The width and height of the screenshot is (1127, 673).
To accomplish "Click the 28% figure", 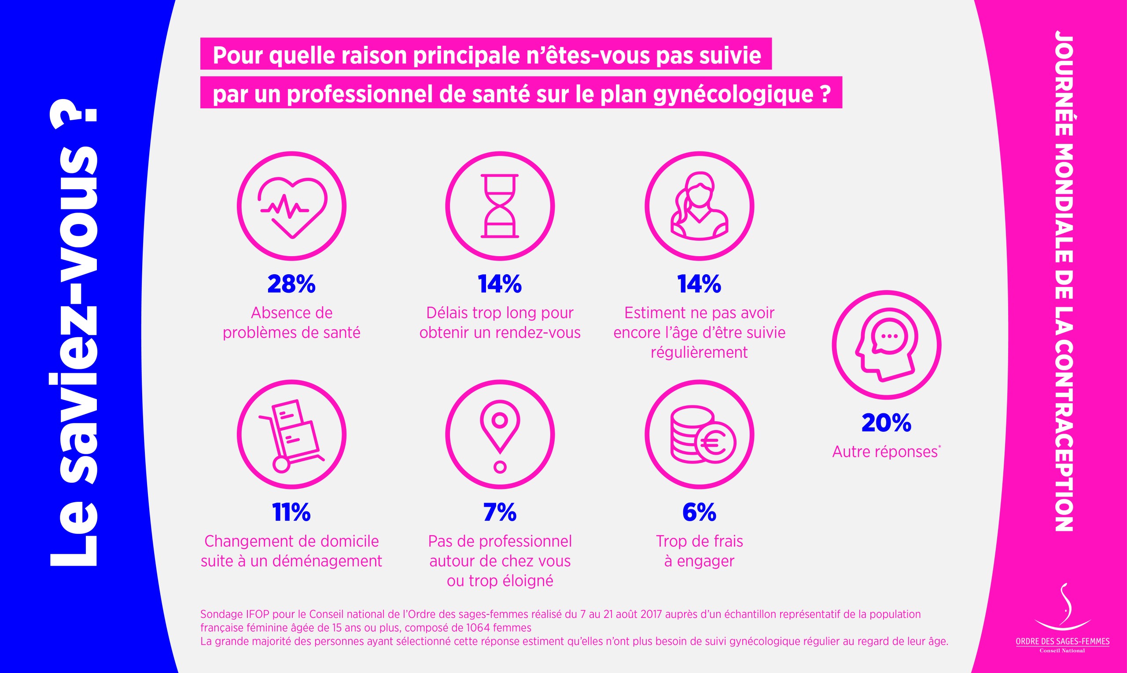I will pyautogui.click(x=291, y=284).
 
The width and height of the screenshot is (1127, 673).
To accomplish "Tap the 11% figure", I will pyautogui.click(x=291, y=512).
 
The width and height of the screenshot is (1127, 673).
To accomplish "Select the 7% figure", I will pyautogui.click(x=500, y=512).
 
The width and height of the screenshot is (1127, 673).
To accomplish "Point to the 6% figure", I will pyautogui.click(x=699, y=512).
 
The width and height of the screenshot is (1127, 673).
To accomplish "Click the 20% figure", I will pyautogui.click(x=886, y=423).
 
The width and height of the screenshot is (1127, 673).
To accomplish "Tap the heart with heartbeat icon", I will pyautogui.click(x=291, y=206).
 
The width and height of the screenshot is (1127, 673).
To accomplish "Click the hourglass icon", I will pyautogui.click(x=500, y=206).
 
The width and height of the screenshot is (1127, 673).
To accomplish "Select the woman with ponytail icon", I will pyautogui.click(x=700, y=206).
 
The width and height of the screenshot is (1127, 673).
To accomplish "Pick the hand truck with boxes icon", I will pyautogui.click(x=291, y=434).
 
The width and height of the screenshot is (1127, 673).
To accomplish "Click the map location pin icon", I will pyautogui.click(x=500, y=434).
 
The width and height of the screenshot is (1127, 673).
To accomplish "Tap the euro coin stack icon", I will pyautogui.click(x=700, y=434).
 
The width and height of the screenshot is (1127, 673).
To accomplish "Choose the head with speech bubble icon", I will pyautogui.click(x=886, y=345).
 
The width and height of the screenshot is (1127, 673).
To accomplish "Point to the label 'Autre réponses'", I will pyautogui.click(x=885, y=452).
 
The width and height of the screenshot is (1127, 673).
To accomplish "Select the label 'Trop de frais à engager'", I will pyautogui.click(x=699, y=551).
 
